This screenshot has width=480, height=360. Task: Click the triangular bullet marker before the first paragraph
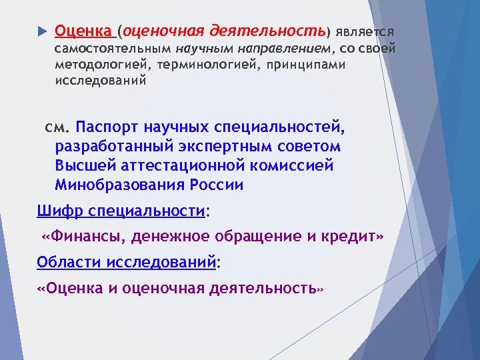click(41, 31)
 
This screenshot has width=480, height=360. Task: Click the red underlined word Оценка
click(83, 31)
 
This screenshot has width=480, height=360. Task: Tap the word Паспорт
click(107, 127)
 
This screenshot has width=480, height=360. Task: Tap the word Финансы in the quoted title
click(86, 236)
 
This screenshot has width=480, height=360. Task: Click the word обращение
click(253, 236)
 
